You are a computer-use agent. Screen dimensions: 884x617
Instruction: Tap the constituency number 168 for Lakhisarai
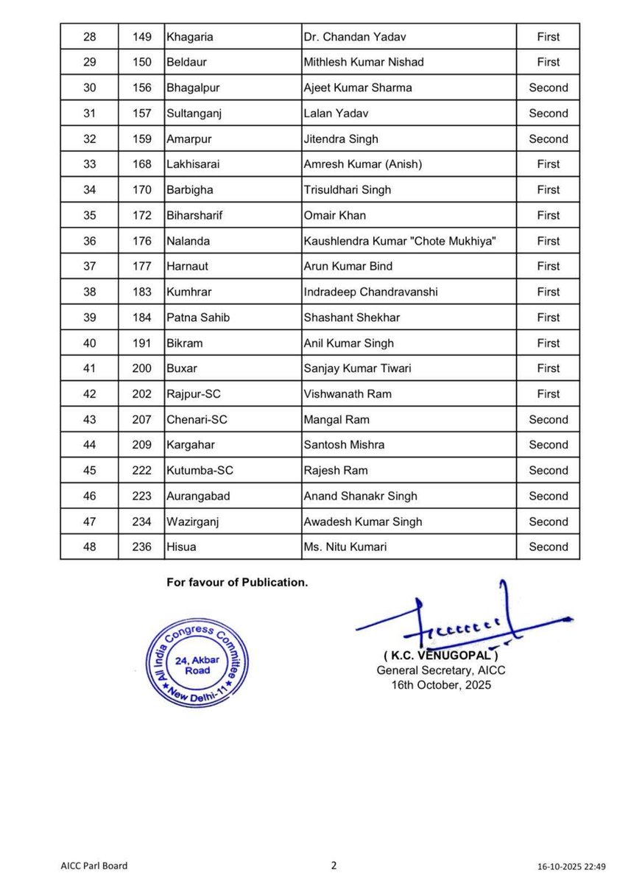(x=142, y=164)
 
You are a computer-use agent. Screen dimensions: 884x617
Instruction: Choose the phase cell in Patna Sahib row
(x=548, y=318)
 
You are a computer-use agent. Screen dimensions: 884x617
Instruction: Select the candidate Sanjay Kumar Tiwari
(x=358, y=368)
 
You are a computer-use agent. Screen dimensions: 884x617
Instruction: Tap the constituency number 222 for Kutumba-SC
(x=142, y=471)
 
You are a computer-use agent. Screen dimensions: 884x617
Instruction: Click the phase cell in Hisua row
(x=548, y=547)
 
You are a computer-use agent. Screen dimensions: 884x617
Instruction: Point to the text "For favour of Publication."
(x=237, y=583)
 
